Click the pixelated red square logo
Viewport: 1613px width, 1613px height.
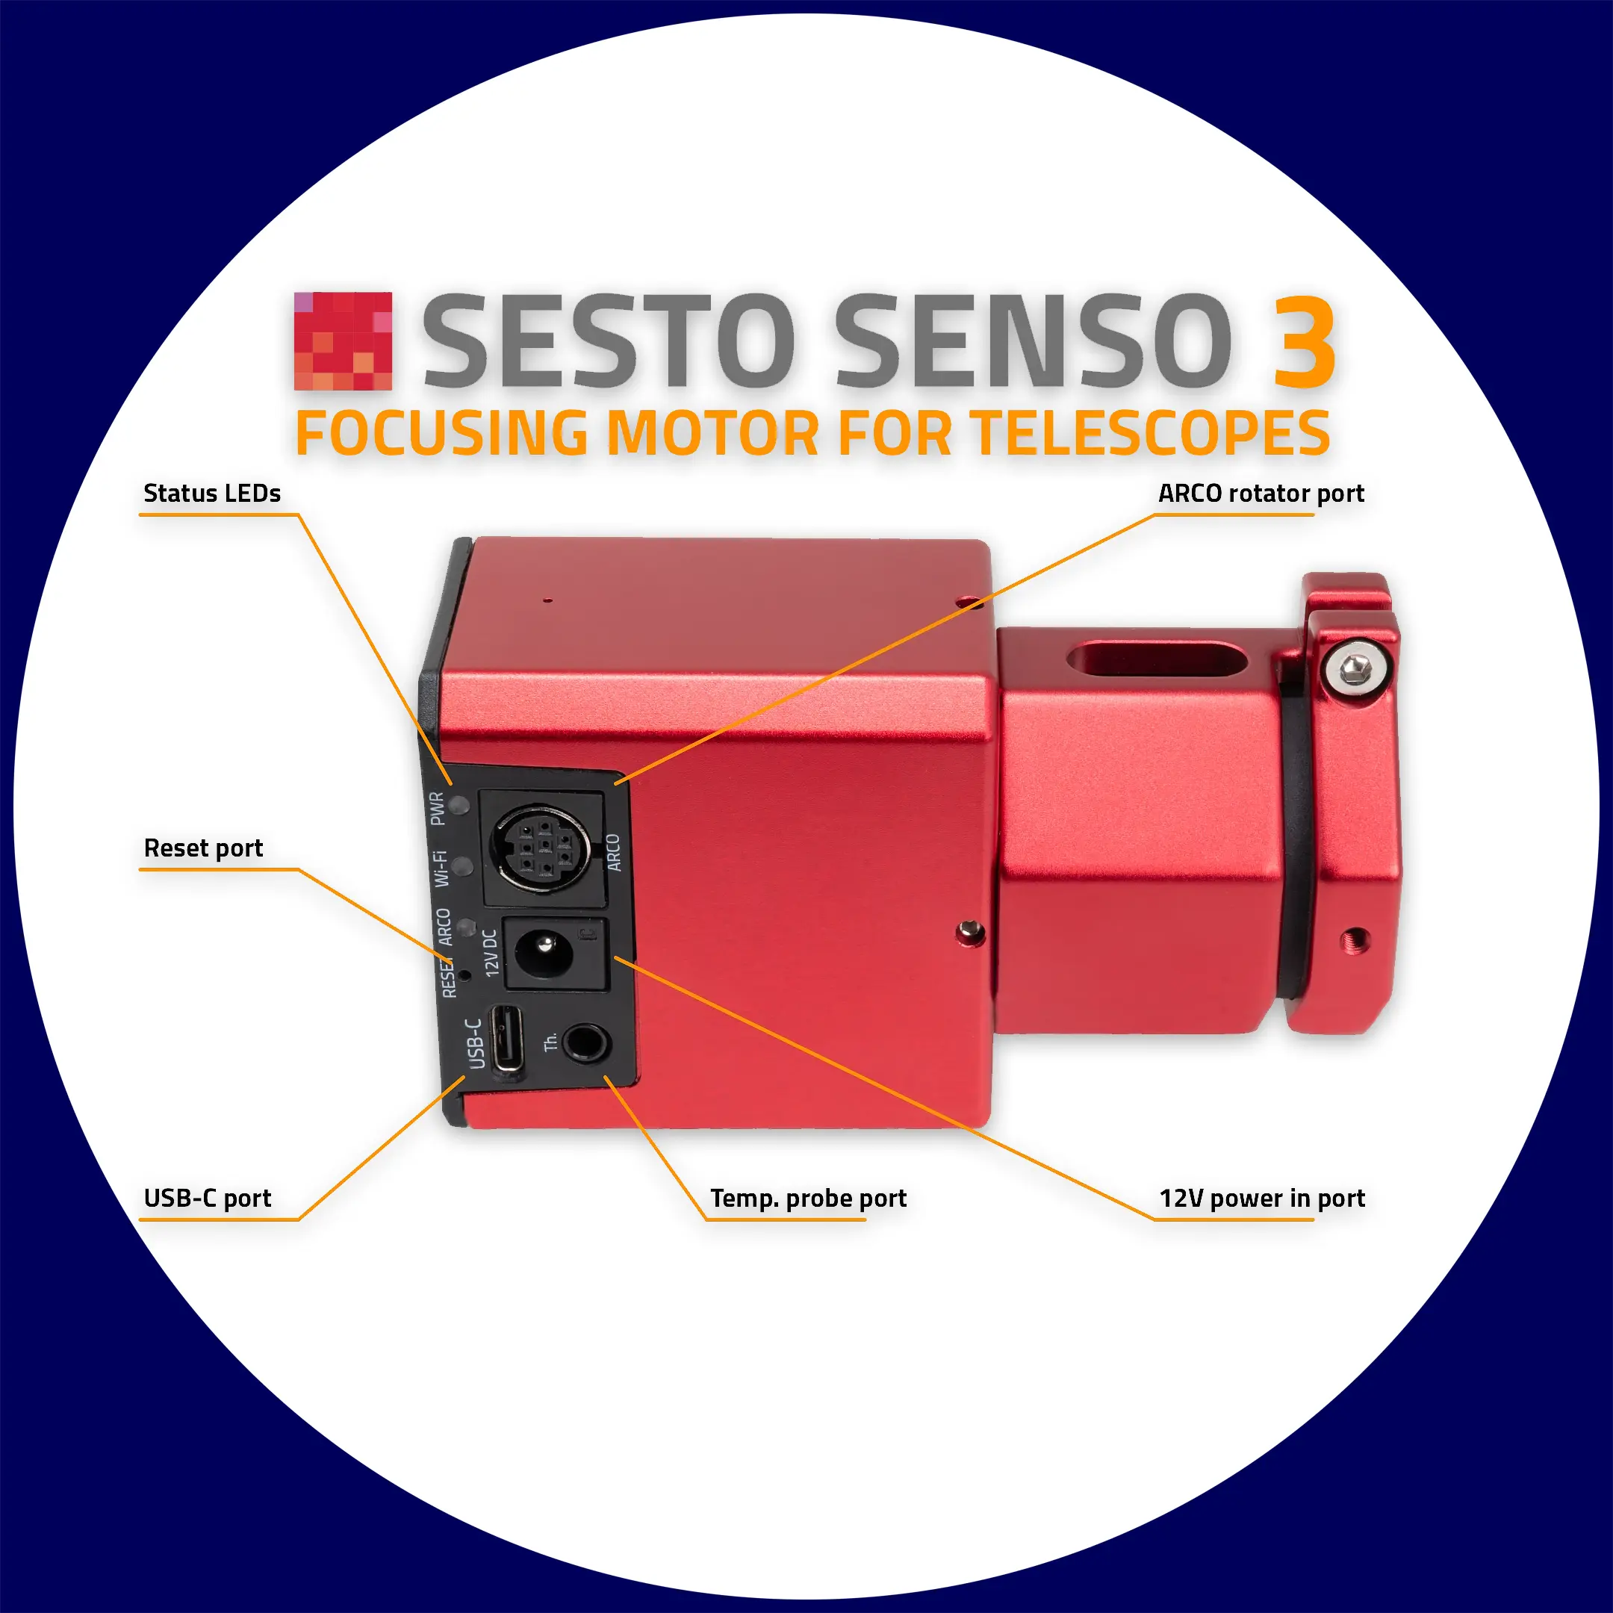(x=342, y=341)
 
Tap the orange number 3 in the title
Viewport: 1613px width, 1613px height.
(x=1304, y=341)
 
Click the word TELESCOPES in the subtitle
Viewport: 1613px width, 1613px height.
(x=1152, y=433)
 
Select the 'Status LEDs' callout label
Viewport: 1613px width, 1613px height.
(x=212, y=494)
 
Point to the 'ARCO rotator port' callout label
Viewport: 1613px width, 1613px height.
(x=1261, y=494)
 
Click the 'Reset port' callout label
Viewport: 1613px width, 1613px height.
(x=204, y=848)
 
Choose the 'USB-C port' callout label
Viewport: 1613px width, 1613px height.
(x=208, y=1198)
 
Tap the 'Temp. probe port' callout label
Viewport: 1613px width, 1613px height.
(x=808, y=1198)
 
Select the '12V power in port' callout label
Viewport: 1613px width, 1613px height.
(x=1261, y=1198)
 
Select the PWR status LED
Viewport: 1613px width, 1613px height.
(x=459, y=806)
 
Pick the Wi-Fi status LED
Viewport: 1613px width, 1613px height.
(x=462, y=865)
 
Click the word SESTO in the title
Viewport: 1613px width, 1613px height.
(x=608, y=341)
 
